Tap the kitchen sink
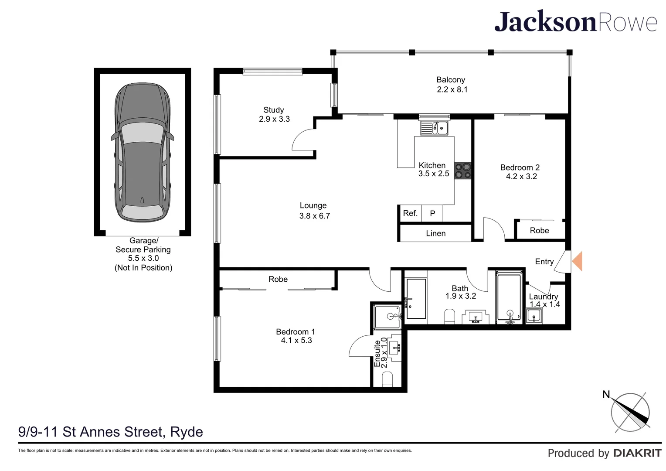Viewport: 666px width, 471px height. [x=434, y=128]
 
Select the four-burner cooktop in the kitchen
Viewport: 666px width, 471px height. [x=462, y=171]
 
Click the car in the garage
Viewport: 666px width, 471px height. [x=142, y=152]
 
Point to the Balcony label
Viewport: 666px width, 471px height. [x=450, y=80]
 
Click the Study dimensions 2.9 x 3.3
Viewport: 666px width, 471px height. [x=274, y=119]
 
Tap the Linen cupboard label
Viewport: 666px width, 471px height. [x=435, y=233]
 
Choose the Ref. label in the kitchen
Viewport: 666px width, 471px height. [x=410, y=213]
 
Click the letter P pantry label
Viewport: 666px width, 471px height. [x=433, y=213]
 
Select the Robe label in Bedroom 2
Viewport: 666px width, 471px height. [x=539, y=231]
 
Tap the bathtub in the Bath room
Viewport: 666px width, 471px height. [x=510, y=297]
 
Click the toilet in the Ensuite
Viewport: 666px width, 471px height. [x=387, y=380]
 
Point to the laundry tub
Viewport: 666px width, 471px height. [x=534, y=316]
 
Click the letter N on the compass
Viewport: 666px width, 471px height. [x=606, y=395]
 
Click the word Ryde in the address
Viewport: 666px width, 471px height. [x=187, y=432]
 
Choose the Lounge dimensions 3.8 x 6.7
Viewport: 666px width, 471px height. [x=315, y=216]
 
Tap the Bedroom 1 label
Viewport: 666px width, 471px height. [x=295, y=331]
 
